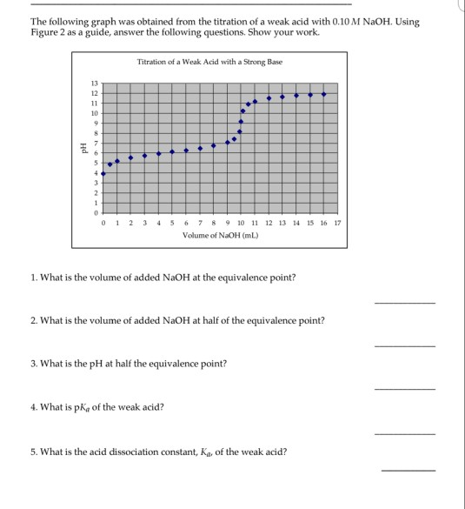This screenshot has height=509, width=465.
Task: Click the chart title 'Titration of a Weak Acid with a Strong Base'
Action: pyautogui.click(x=209, y=62)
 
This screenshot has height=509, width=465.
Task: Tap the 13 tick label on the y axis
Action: pyautogui.click(x=95, y=83)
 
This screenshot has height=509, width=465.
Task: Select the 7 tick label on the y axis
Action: pyautogui.click(x=96, y=143)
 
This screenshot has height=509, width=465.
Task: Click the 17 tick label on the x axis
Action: pyautogui.click(x=338, y=223)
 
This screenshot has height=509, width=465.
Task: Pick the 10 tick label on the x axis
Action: pyautogui.click(x=241, y=223)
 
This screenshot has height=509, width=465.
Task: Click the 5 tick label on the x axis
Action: pyautogui.click(x=172, y=223)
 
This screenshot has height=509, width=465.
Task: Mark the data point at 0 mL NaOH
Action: pyautogui.click(x=103, y=173)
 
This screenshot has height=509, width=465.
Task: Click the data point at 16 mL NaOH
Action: pyautogui.click(x=324, y=94)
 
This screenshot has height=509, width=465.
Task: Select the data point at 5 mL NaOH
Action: pyautogui.click(x=172, y=151)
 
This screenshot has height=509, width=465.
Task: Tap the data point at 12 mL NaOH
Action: pyautogui.click(x=269, y=98)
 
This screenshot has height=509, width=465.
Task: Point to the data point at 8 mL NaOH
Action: pyautogui.click(x=214, y=145)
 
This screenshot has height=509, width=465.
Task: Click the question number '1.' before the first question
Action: pyautogui.click(x=33, y=277)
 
